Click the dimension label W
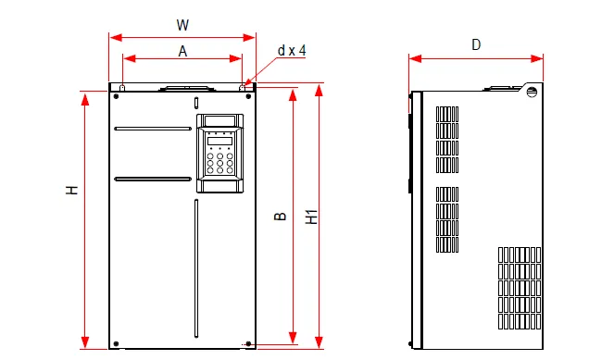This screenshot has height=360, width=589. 182,25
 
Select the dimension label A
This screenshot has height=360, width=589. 182,51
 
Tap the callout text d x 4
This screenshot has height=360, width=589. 292,50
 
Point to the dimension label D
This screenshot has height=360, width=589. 476,44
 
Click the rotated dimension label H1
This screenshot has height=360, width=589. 312,217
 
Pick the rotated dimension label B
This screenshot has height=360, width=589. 281,217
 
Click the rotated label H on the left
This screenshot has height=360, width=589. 71,190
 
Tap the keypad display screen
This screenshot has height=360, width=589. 219,142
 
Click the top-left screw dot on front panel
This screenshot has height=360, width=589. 116,96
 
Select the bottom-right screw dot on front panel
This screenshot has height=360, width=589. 248,343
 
